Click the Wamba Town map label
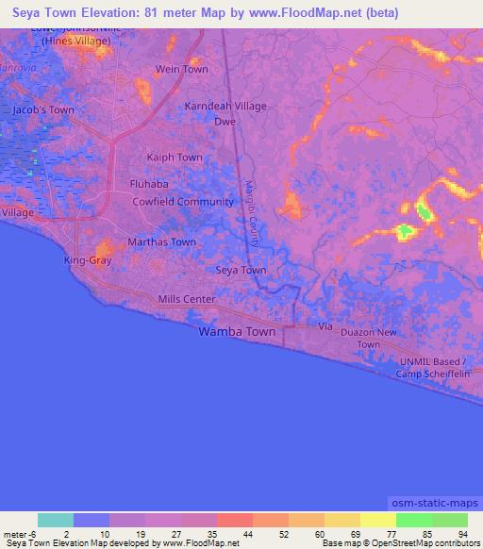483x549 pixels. (x=237, y=332)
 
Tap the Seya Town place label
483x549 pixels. (x=241, y=271)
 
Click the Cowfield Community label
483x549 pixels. (x=182, y=202)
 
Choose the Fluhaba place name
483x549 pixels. (x=148, y=186)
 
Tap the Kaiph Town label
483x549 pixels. (x=175, y=158)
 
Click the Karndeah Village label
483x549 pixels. (x=225, y=107)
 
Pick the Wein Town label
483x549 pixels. (x=182, y=70)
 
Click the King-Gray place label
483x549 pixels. (x=88, y=259)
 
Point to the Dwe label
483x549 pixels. (x=225, y=122)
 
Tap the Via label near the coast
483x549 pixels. (x=326, y=326)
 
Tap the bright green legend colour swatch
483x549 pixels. (x=413, y=520)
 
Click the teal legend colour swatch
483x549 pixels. (x=55, y=520)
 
